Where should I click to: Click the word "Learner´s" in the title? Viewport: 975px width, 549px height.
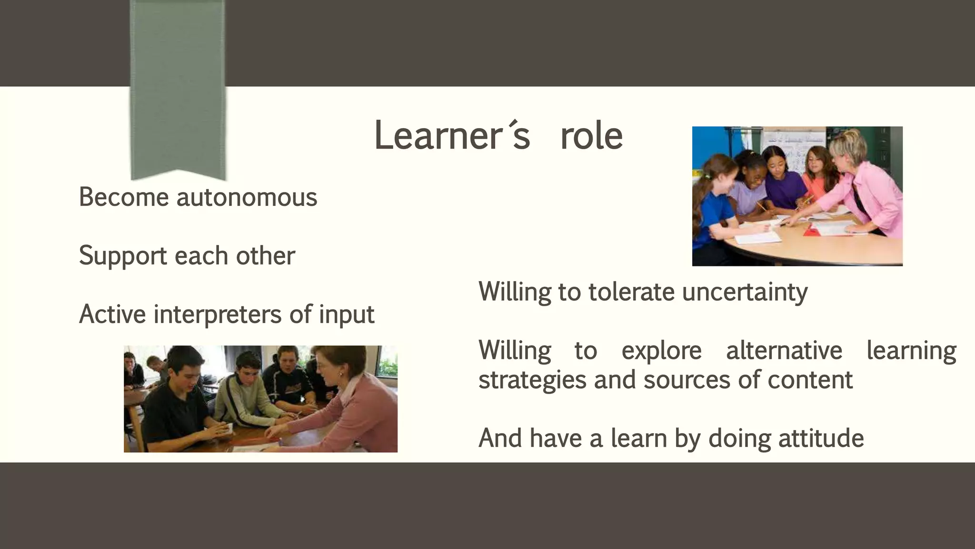pos(452,136)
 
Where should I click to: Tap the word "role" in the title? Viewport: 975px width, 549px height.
pos(591,136)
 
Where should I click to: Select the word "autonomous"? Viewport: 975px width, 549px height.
pos(247,197)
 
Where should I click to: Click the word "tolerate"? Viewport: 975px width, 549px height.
pos(631,292)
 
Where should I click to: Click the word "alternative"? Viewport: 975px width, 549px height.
pos(784,350)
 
